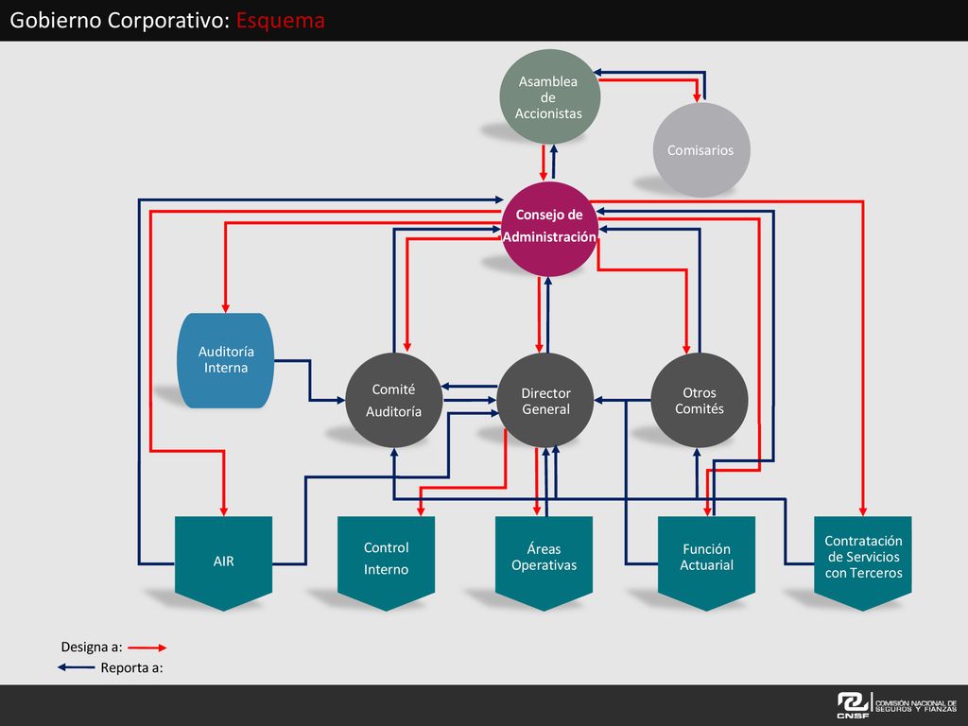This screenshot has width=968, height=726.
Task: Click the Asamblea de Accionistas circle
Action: point(549,97)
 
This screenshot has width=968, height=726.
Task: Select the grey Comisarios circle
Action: point(701,150)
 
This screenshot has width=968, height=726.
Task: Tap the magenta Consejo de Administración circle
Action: point(549,229)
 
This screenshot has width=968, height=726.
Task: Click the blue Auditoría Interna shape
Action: point(226,360)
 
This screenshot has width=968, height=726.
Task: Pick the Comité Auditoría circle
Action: point(394,400)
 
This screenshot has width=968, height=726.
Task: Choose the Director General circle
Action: point(545,400)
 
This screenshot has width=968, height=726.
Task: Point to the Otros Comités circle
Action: point(700,400)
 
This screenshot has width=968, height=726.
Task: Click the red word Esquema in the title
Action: point(280,21)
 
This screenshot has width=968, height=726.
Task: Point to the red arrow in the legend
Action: point(147,648)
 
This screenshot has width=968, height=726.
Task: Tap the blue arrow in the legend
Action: point(77,667)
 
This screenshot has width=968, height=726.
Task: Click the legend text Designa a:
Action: point(92,647)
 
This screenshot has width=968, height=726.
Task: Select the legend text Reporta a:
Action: point(132,667)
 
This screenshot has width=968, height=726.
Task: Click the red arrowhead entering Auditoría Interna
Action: point(225,307)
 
